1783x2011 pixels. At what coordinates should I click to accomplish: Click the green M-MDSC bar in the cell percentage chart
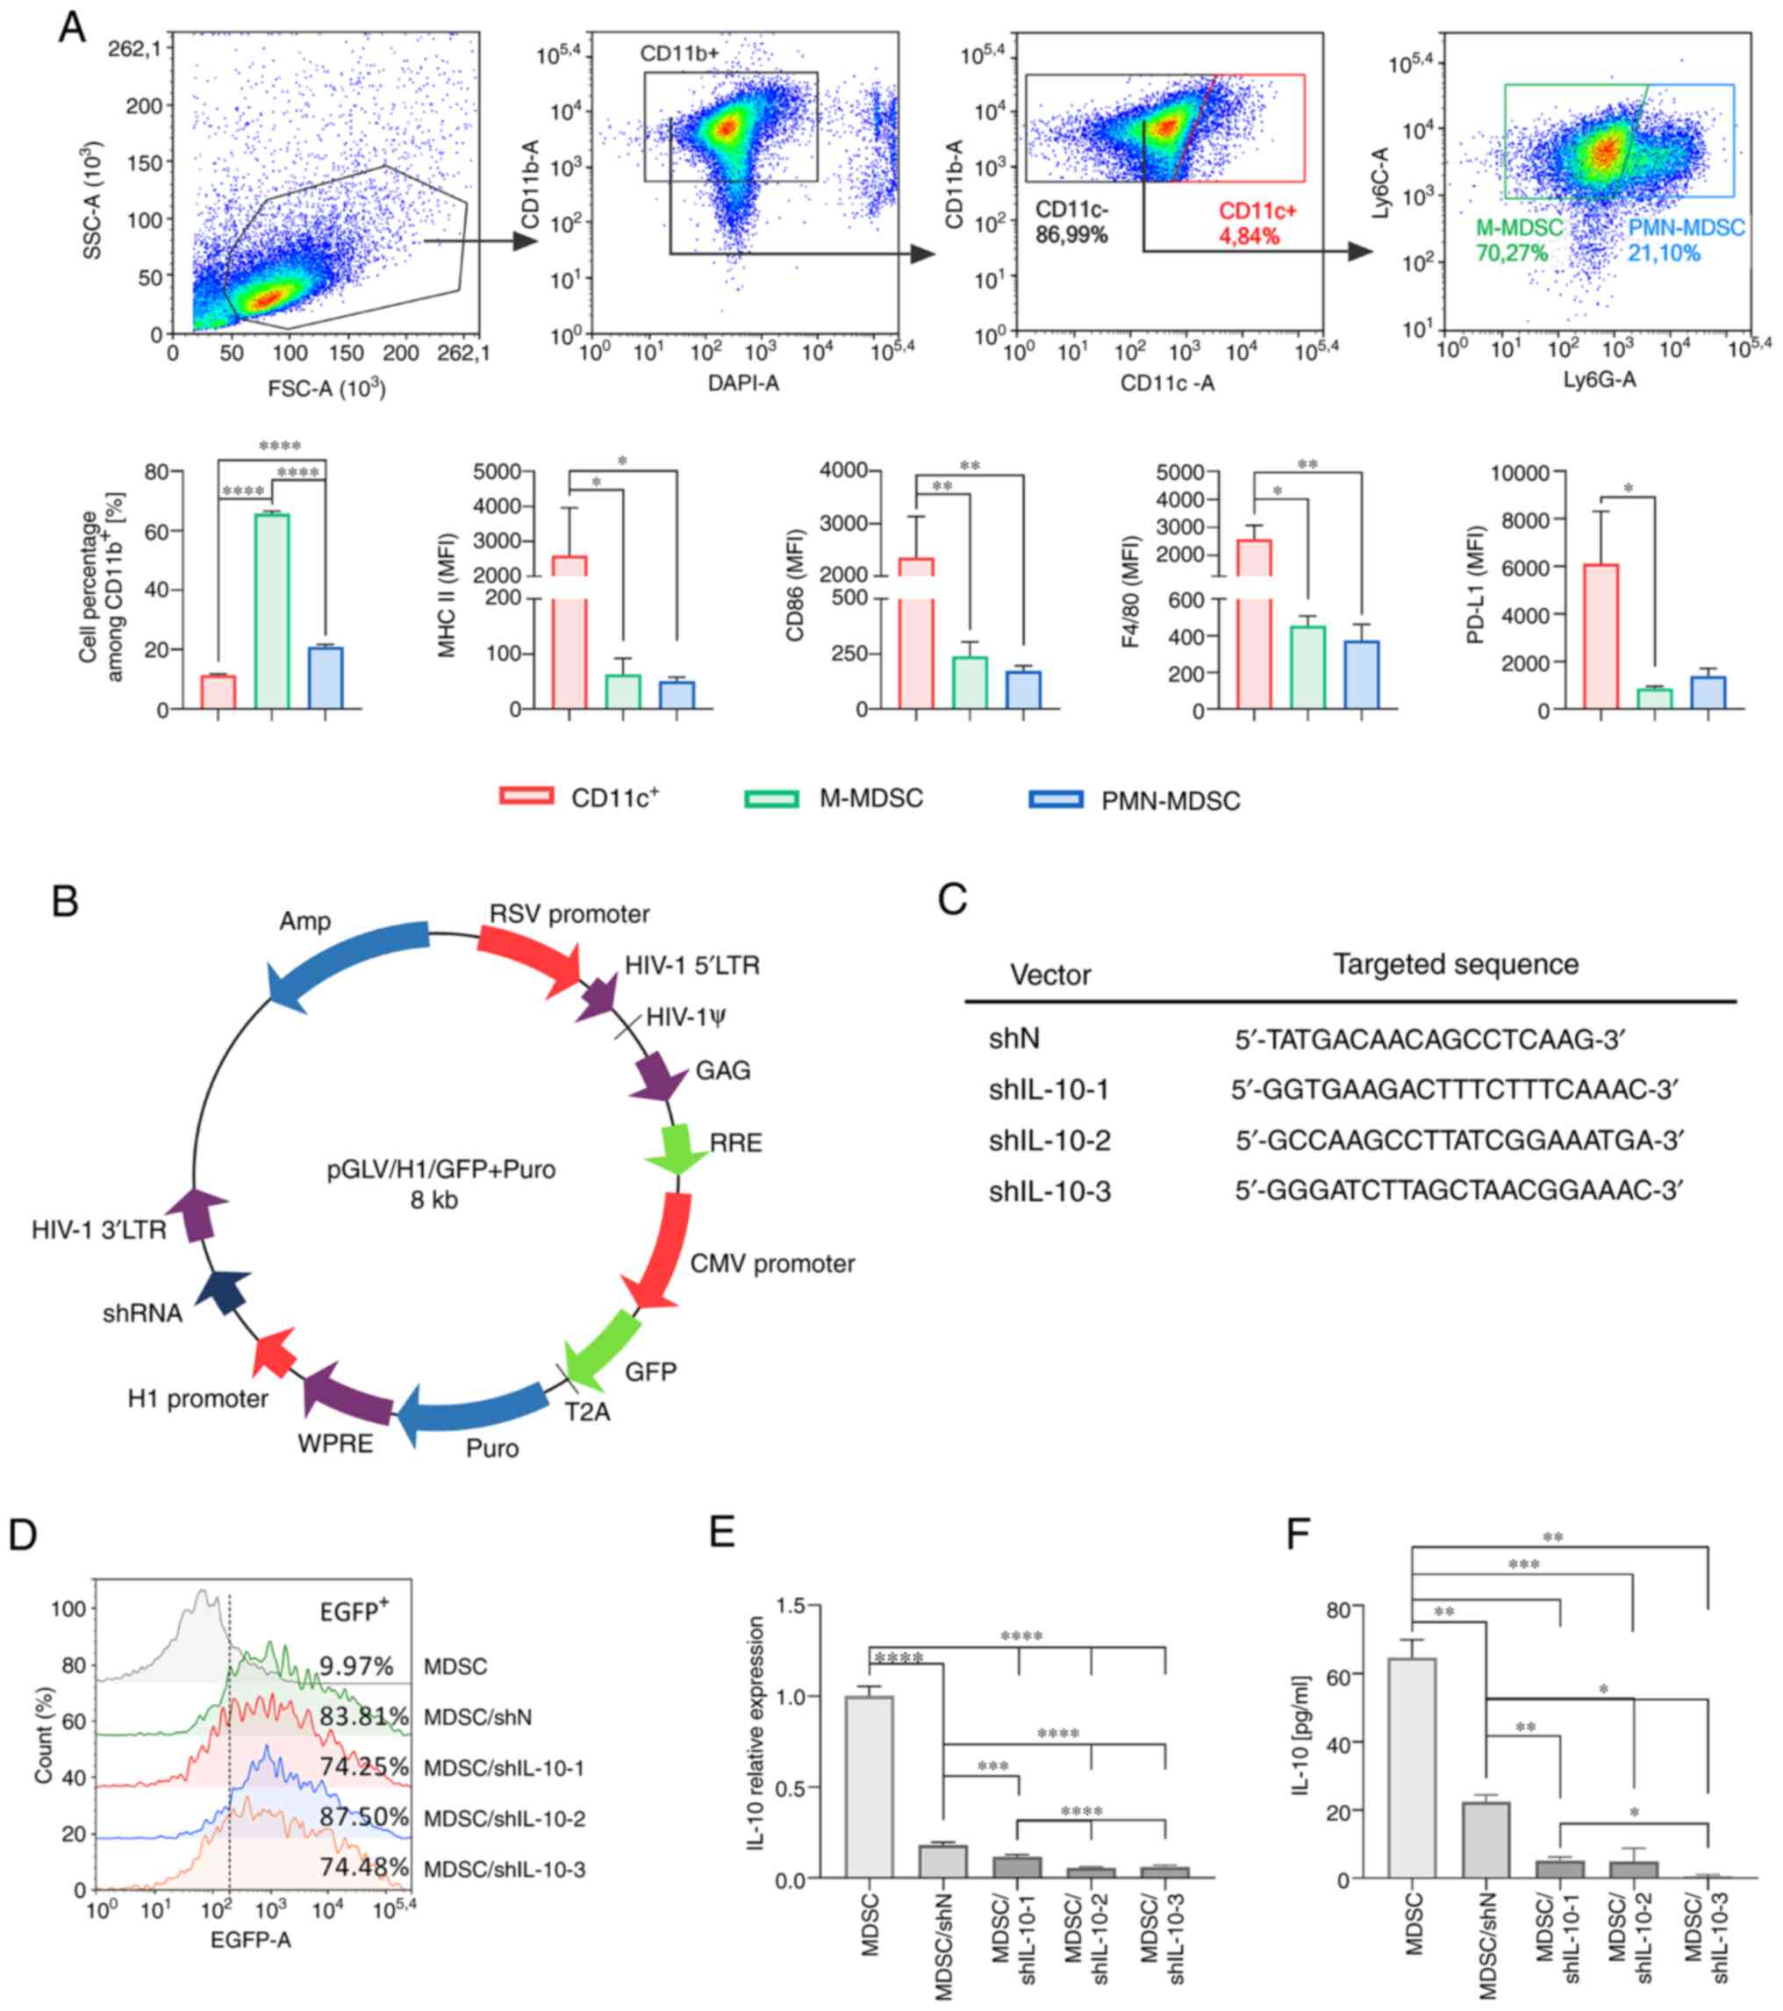coord(272,610)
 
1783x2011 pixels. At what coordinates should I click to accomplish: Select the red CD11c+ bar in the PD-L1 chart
coord(1601,637)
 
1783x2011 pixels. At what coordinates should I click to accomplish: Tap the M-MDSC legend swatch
coord(770,798)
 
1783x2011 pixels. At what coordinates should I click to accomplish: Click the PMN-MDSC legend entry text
coord(1171,801)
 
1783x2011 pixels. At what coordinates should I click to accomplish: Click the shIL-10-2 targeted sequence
coord(1459,1141)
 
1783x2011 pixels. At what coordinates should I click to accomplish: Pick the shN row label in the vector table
coord(1014,1039)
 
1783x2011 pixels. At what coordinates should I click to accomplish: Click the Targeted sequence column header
coord(1456,965)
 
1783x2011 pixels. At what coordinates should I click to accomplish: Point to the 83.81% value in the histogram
coord(364,1717)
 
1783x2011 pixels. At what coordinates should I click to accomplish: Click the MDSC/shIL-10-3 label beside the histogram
coord(505,1870)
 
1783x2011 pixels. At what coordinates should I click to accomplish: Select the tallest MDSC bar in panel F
coord(1412,1768)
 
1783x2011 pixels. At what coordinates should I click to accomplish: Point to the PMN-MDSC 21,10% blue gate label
coord(1686,241)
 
